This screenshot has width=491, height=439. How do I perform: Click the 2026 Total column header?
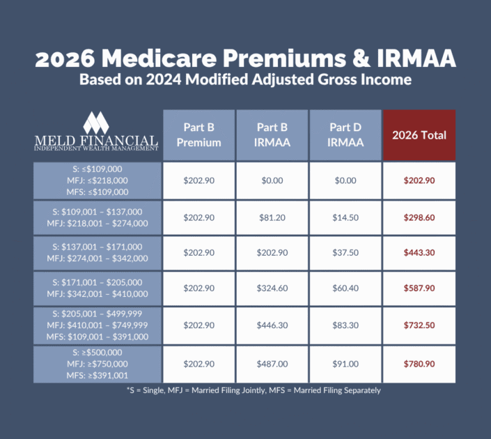click(x=419, y=135)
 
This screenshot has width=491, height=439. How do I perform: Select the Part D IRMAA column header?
click(x=345, y=135)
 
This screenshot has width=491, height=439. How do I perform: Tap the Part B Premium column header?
click(x=198, y=135)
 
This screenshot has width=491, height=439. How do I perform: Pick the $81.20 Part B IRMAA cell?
click(x=272, y=217)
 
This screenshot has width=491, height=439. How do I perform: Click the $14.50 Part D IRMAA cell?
click(x=345, y=217)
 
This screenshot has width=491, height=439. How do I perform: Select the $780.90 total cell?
click(x=419, y=364)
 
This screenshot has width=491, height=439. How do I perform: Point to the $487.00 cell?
click(x=272, y=364)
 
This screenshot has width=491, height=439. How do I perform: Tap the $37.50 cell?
click(x=345, y=252)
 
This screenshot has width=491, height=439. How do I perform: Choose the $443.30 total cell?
click(x=419, y=252)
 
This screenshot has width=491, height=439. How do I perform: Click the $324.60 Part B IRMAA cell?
click(x=272, y=288)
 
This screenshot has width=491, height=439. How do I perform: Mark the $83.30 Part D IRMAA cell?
click(x=345, y=325)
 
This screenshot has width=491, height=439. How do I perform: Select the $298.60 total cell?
click(x=419, y=217)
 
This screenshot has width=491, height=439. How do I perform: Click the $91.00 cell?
click(x=345, y=364)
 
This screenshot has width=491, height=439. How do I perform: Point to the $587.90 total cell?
click(x=419, y=288)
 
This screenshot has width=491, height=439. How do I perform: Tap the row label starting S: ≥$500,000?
click(x=97, y=364)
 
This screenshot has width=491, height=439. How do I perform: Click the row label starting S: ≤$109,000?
click(x=97, y=180)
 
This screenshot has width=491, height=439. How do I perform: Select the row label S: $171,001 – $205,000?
click(x=97, y=288)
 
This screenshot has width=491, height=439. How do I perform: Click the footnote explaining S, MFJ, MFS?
click(x=245, y=390)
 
